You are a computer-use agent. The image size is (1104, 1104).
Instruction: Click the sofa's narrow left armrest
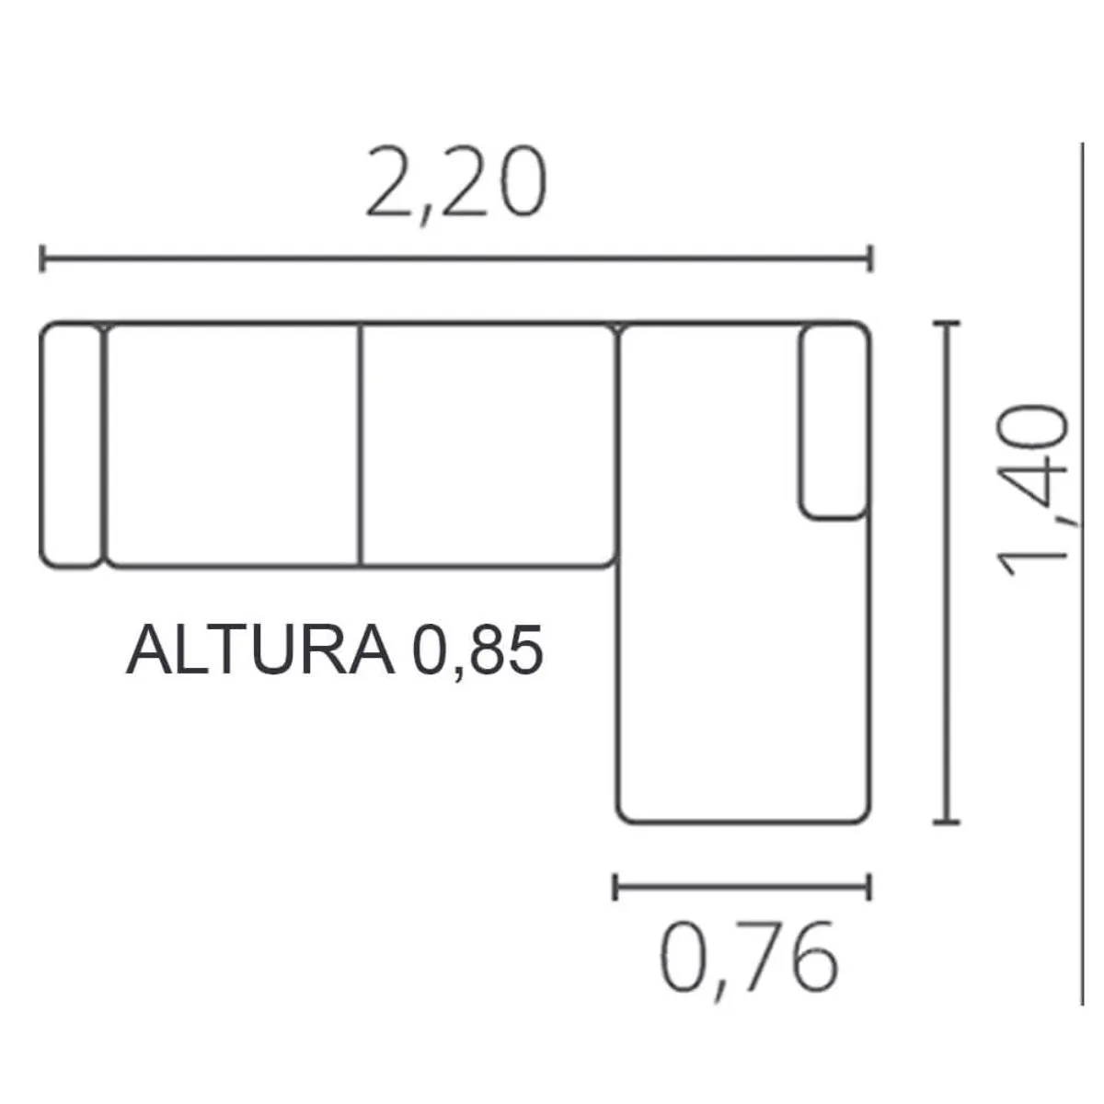point(71,445)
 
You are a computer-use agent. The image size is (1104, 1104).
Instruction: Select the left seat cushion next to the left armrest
point(233,445)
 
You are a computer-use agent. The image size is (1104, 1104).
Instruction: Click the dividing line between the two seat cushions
point(361,445)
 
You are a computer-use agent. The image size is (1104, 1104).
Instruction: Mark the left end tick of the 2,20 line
point(42,259)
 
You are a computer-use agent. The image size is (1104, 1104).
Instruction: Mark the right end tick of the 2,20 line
point(869,259)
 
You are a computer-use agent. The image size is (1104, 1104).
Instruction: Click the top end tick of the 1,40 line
point(947,324)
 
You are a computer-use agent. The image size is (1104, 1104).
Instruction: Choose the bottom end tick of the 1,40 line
point(947,821)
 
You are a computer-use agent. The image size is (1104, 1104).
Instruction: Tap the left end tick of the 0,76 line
point(615,887)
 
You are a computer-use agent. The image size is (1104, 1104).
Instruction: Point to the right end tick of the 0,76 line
point(868,887)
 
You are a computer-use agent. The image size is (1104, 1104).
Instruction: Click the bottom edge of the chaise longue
point(743,822)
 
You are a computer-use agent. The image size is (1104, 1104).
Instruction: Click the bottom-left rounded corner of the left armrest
point(48,561)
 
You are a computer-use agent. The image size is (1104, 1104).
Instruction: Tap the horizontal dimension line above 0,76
point(742,887)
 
